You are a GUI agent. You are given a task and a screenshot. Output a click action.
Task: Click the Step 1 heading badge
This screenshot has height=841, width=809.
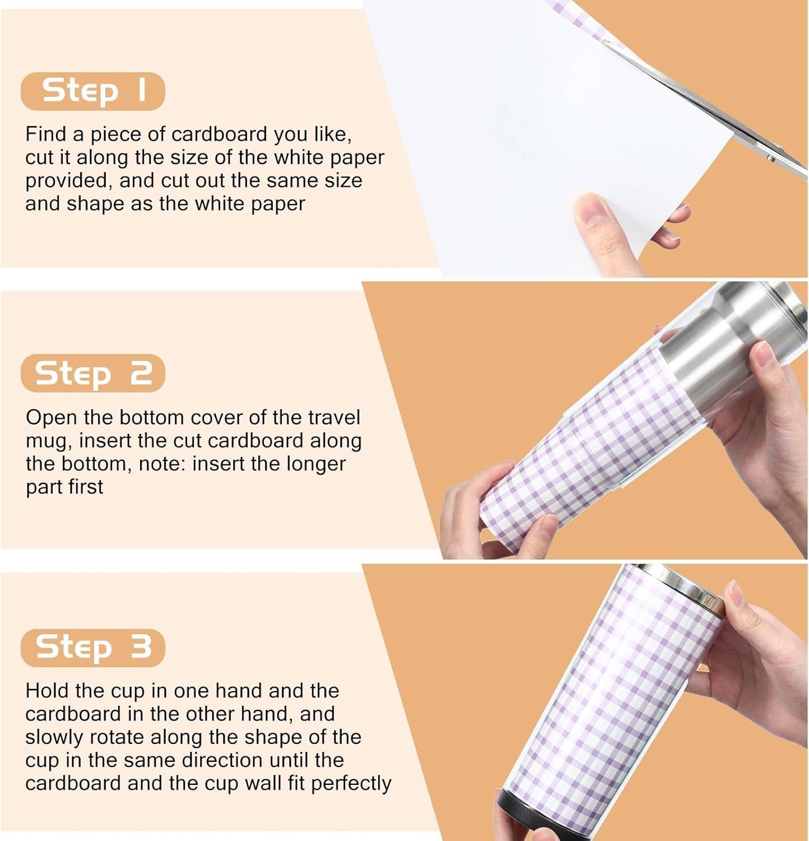click(x=93, y=91)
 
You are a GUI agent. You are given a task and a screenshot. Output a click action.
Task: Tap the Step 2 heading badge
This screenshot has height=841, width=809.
click(x=93, y=373)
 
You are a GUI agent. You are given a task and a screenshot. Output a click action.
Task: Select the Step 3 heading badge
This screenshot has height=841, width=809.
click(x=93, y=648)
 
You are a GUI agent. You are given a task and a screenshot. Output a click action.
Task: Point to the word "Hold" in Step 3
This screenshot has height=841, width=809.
click(x=47, y=691)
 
